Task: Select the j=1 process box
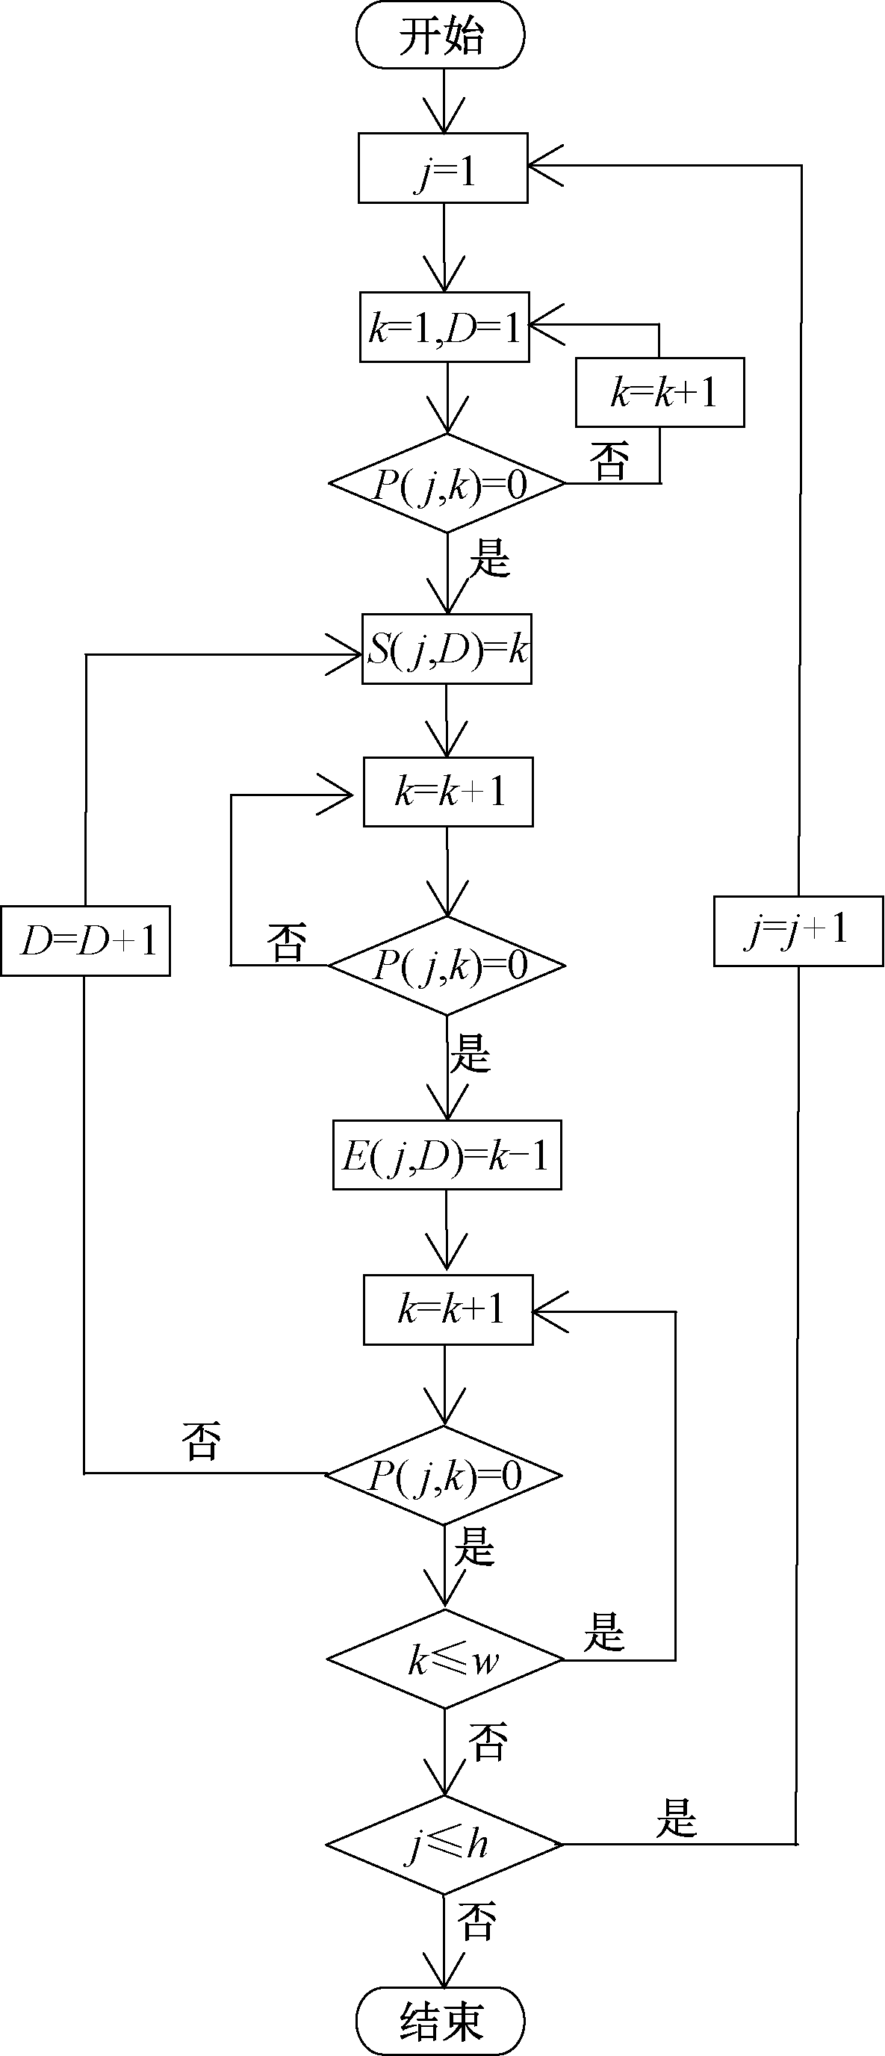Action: [443, 168]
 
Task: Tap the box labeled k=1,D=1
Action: [444, 327]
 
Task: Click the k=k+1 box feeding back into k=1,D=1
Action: [660, 393]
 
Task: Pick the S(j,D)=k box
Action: [447, 649]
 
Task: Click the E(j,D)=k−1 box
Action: [447, 1155]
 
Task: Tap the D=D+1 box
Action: [85, 941]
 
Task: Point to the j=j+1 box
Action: [798, 931]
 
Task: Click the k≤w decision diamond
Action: [445, 1660]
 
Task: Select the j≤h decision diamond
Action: [444, 1845]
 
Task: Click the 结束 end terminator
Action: [441, 2021]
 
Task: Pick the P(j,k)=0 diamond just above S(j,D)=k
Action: [447, 483]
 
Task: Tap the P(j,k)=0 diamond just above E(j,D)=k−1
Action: [447, 966]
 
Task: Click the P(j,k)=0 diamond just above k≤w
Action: [444, 1475]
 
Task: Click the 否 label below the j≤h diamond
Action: [477, 1921]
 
